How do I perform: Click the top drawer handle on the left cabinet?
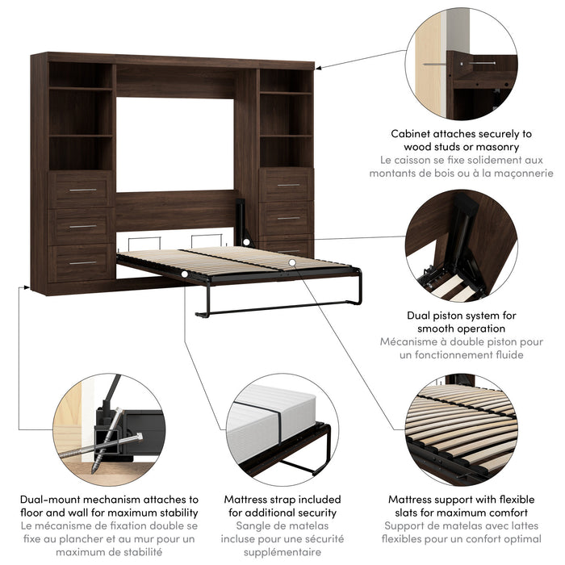[82, 190]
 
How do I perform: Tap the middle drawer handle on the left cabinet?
[82, 226]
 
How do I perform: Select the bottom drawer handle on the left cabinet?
[82, 262]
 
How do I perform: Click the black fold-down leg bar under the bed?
[278, 309]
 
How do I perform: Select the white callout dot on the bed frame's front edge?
[185, 275]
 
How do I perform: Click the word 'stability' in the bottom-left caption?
[176, 513]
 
